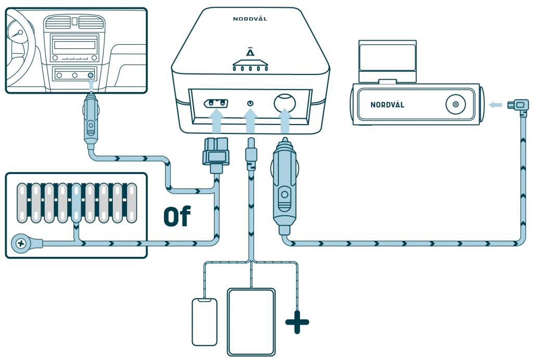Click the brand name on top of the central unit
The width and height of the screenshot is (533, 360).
250,19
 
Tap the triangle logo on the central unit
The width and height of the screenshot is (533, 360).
251,53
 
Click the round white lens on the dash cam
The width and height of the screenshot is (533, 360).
455,105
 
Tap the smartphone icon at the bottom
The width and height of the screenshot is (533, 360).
205,322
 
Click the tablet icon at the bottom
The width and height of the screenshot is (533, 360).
251,322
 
